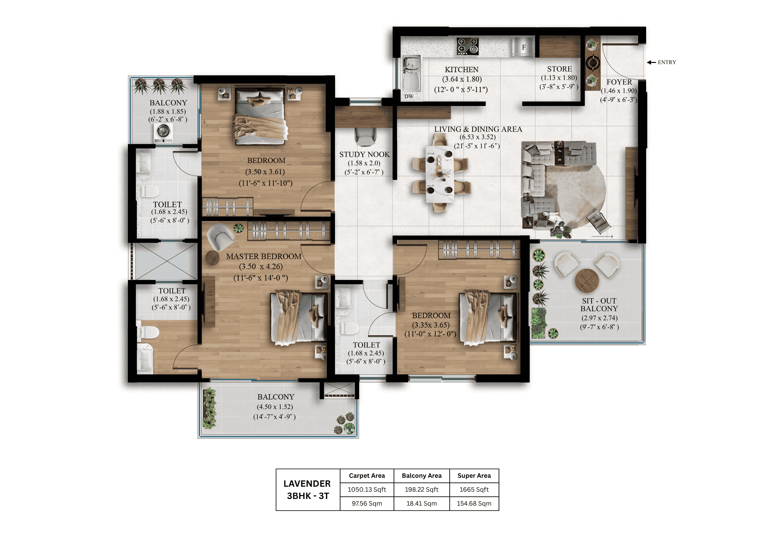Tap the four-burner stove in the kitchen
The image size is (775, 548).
click(x=468, y=46)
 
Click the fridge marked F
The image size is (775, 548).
click(x=523, y=47)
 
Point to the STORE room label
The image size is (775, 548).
click(x=559, y=69)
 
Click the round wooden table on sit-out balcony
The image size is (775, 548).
click(x=587, y=280)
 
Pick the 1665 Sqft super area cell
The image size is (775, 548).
click(x=474, y=489)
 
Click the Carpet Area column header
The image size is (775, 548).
click(x=366, y=475)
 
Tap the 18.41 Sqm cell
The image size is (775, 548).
click(x=421, y=504)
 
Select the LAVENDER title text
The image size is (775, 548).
click(x=307, y=483)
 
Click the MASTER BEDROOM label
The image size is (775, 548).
click(x=264, y=256)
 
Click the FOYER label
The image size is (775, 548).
click(x=619, y=82)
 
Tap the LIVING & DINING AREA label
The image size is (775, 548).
click(x=478, y=129)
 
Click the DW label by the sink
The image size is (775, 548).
click(x=409, y=96)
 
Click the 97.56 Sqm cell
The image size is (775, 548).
click(x=366, y=504)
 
